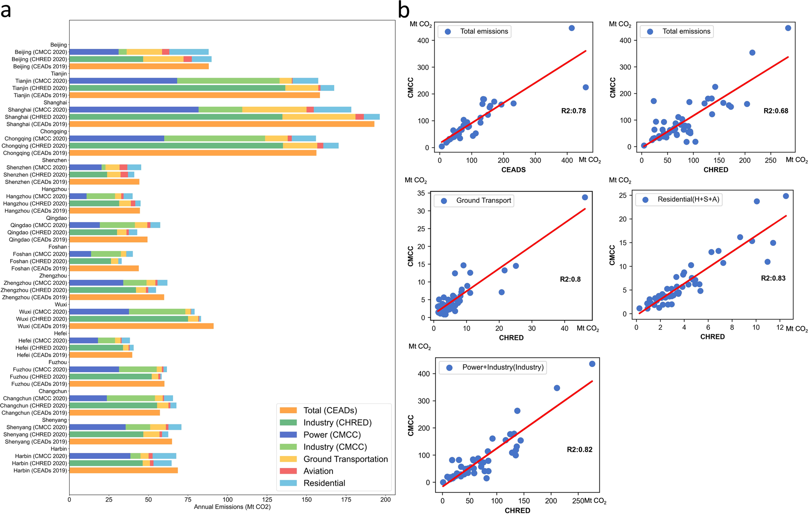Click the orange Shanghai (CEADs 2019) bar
point(222,124)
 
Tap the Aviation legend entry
point(318,471)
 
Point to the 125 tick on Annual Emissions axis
point(267,499)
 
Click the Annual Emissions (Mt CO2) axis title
point(232,507)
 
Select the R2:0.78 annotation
point(573,111)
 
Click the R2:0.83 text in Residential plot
point(773,278)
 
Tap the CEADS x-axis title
point(513,170)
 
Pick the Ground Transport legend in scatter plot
point(483,201)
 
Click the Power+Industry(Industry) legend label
point(503,367)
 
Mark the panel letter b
point(403,10)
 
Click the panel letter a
point(6,10)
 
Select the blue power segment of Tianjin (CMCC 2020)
point(123,81)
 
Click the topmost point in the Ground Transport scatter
point(585,197)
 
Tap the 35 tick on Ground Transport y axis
point(421,193)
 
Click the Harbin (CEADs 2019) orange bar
point(123,470)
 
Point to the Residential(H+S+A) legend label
point(688,199)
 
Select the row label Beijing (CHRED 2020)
point(39,59)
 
